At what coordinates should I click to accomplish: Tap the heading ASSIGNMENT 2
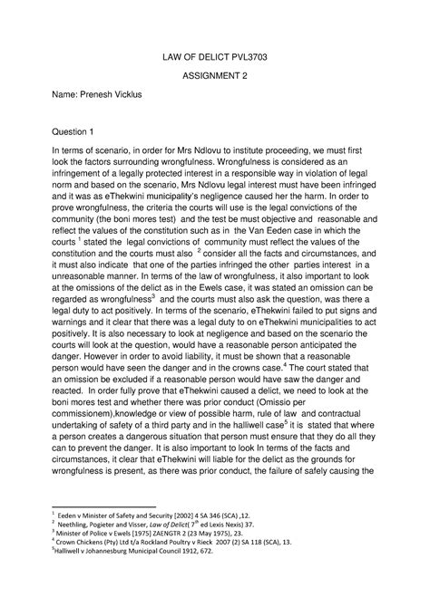pyautogui.click(x=214, y=78)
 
